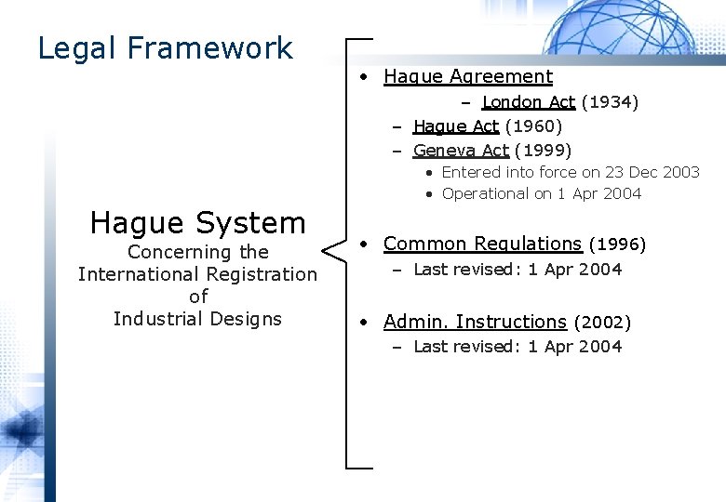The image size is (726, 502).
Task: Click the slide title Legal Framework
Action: [165, 47]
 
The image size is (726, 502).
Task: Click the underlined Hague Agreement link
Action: [467, 77]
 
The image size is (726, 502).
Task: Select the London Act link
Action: [528, 102]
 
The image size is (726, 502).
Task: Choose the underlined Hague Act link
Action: [456, 125]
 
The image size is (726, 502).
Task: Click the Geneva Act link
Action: [461, 150]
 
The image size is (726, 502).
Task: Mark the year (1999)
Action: [543, 150]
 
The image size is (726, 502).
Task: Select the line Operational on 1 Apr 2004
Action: [541, 193]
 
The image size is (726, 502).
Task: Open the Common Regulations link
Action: [482, 244]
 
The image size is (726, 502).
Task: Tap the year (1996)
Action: [617, 244]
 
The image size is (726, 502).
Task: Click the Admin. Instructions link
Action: [475, 322]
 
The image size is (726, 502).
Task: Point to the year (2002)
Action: [602, 323]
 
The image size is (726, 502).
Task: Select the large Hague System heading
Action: [197, 222]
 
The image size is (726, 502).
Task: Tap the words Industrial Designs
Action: [197, 319]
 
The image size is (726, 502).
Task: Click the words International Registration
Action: [197, 274]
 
